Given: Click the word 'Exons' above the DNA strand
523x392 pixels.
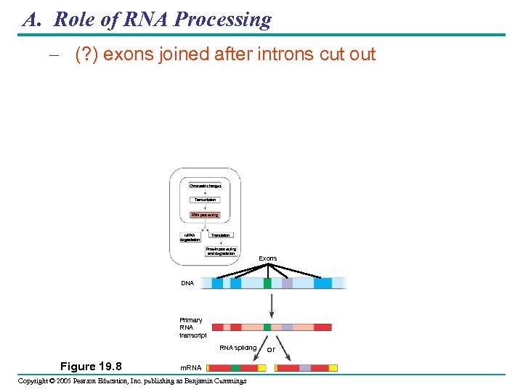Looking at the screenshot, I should (267, 258).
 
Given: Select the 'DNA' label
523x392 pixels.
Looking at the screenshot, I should (187, 283).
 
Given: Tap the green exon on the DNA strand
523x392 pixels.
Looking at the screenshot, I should (267, 283).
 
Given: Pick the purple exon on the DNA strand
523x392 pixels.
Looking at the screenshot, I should (287, 283).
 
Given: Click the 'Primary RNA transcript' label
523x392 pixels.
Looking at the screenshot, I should (192, 327).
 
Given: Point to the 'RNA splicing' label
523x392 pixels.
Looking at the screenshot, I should (238, 348).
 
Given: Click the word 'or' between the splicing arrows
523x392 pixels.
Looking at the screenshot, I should (271, 349).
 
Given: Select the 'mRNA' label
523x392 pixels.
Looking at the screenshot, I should (190, 369).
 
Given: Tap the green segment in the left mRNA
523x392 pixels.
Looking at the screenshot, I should (235, 368).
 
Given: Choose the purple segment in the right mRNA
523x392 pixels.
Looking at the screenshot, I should (305, 368).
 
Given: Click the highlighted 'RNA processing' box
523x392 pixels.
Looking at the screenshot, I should (204, 215).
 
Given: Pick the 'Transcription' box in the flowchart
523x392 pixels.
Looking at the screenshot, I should (204, 200).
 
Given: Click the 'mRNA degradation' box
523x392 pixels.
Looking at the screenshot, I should (190, 237).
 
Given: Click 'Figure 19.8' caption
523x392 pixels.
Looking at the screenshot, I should (91, 366).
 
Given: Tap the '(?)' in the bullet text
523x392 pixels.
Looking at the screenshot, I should (87, 55).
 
